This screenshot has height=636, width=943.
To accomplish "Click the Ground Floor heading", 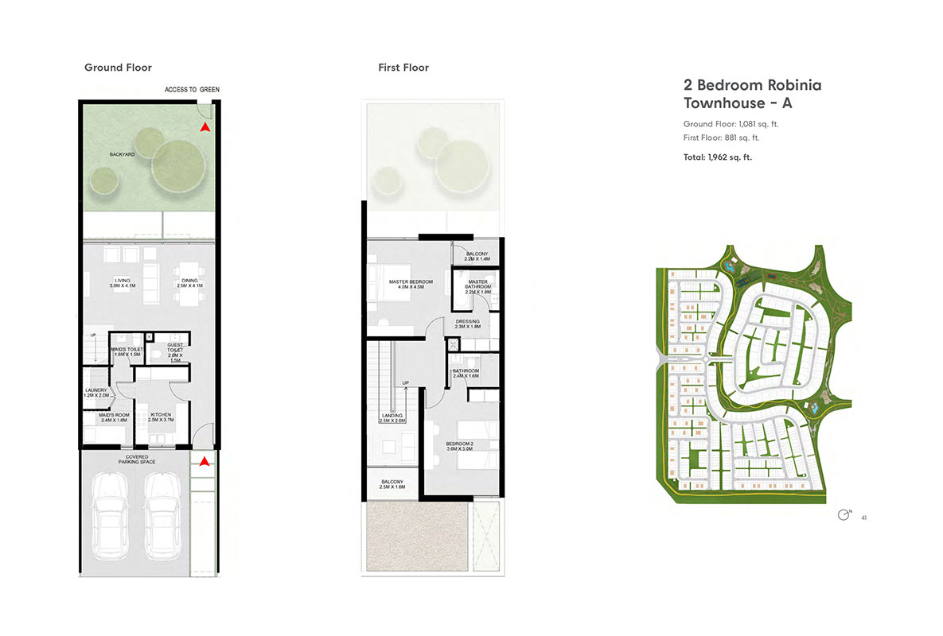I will click(x=118, y=68).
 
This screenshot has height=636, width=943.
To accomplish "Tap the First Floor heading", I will click(x=403, y=68).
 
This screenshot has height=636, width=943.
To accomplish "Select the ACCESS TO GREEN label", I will click(x=192, y=90).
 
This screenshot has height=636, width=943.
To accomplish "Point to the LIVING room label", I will click(x=122, y=283).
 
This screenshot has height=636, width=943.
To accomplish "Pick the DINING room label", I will click(x=189, y=283).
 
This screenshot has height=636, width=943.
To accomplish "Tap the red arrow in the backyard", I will click(x=205, y=126).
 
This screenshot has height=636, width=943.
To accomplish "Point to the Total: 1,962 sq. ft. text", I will click(x=717, y=157).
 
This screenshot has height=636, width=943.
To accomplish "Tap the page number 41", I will click(x=863, y=518).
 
